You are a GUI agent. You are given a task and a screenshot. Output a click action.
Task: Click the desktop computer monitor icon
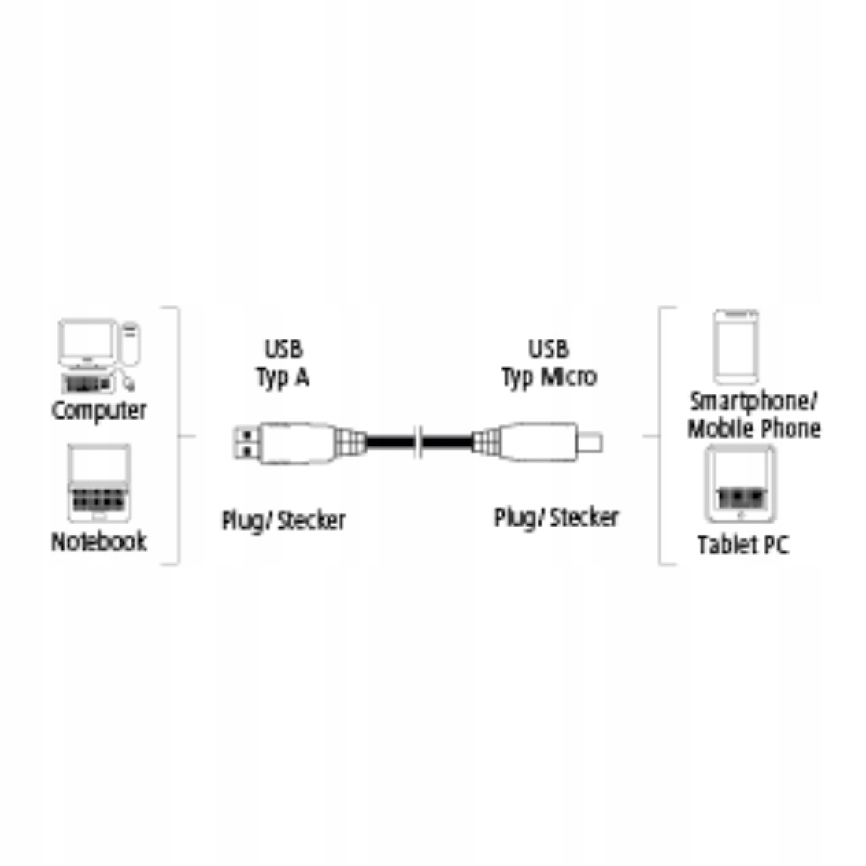pos(87,342)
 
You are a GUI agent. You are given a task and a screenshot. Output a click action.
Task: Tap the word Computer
pos(99,410)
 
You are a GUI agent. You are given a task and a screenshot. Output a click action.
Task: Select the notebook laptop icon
pos(99,483)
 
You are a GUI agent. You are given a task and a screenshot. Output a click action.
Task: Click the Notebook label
pos(99,542)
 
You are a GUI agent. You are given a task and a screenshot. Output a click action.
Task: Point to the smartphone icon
pos(736,346)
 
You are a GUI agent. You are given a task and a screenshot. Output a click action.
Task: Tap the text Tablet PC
pos(743,545)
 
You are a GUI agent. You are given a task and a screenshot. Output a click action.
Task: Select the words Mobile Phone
pos(754,429)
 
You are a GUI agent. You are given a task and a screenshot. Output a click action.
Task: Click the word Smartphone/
pos(753,402)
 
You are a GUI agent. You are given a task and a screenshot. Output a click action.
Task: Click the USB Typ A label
pos(283,363)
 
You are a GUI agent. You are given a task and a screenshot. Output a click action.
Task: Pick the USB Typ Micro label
pos(550,363)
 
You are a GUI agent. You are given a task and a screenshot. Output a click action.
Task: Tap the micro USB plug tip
pos(591,442)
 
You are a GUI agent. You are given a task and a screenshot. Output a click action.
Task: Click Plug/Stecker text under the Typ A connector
pos(283,520)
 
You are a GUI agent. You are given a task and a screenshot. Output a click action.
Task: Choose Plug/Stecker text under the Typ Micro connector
pos(556,518)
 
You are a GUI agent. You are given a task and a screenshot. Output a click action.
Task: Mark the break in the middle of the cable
pos(420,442)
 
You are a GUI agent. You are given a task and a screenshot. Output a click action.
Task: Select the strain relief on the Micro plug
pos(485,442)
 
